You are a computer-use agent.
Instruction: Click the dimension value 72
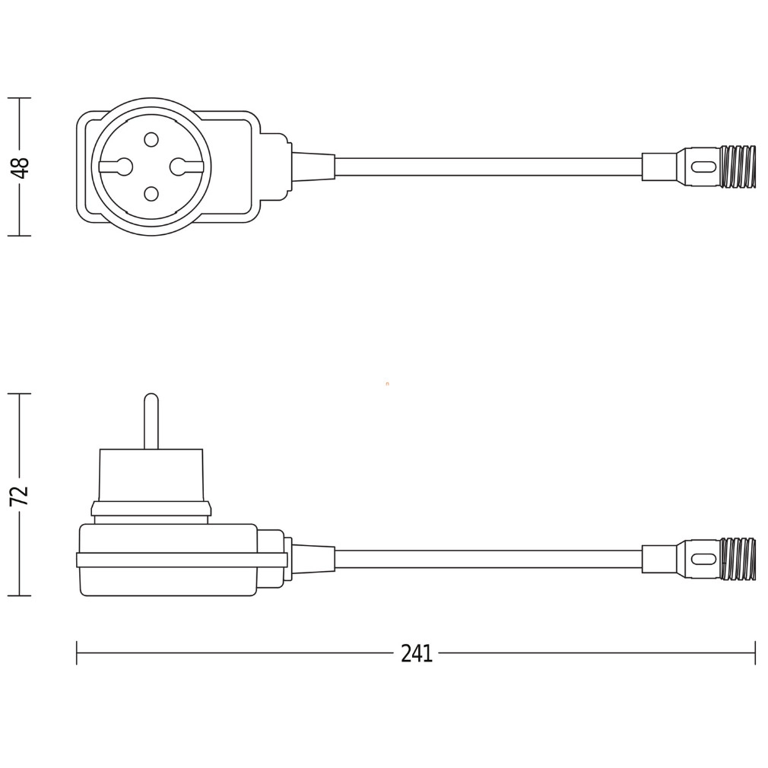[21, 496]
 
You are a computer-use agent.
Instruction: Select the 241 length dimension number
[417, 653]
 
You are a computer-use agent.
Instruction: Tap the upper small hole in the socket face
[151, 140]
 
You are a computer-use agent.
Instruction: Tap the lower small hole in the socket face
[151, 194]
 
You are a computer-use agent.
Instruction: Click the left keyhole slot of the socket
[116, 167]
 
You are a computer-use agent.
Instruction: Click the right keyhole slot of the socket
[186, 167]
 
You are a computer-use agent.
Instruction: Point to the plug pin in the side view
[151, 421]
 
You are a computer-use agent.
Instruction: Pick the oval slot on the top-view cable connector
[703, 167]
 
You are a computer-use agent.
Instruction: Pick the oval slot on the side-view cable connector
[703, 559]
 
